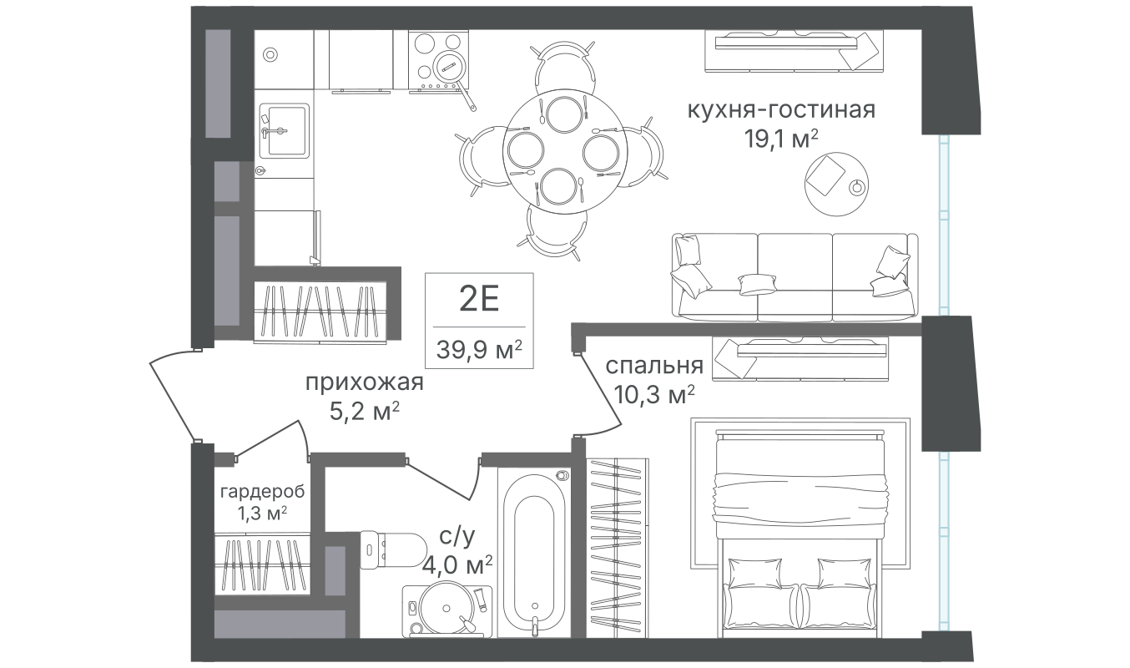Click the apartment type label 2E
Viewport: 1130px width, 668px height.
tap(479, 299)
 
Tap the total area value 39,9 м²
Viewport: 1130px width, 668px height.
tap(479, 349)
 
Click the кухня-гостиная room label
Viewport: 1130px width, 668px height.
tap(781, 109)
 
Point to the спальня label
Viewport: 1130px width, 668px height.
tap(654, 366)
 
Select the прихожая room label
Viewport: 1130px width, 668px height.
tap(364, 382)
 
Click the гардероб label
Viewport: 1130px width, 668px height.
tap(262, 491)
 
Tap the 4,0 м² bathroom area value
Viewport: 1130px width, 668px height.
tap(457, 565)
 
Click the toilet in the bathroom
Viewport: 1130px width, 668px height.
tap(393, 550)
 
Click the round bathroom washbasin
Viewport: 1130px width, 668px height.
tap(446, 610)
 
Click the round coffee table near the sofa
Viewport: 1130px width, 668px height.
tap(836, 185)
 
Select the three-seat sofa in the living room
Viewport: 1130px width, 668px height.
tap(795, 276)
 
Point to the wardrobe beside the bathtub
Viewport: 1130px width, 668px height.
tap(618, 548)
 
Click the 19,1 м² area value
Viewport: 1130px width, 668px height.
tap(781, 139)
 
